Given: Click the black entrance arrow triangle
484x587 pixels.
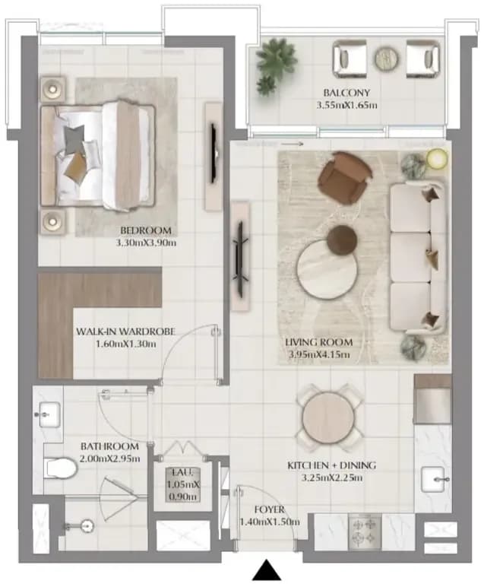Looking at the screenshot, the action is pyautogui.click(x=266, y=570).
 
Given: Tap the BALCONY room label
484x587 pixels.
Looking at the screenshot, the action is pyautogui.click(x=346, y=93).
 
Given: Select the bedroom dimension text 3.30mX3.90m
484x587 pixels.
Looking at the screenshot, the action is pyautogui.click(x=146, y=243).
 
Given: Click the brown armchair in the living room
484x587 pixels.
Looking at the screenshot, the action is pyautogui.click(x=345, y=176).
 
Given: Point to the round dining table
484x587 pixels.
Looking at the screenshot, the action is pyautogui.click(x=328, y=417).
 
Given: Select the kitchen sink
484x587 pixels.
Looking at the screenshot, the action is pyautogui.click(x=433, y=479).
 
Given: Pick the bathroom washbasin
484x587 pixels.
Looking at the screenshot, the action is pyautogui.click(x=49, y=414).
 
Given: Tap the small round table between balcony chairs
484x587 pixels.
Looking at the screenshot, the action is pyautogui.click(x=386, y=59).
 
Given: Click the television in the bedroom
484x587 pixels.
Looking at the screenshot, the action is pyautogui.click(x=214, y=153).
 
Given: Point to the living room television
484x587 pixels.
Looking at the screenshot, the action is pyautogui.click(x=239, y=255).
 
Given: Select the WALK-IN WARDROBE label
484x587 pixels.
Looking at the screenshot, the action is pyautogui.click(x=125, y=332).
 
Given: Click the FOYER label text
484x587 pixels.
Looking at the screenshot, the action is pyautogui.click(x=269, y=509).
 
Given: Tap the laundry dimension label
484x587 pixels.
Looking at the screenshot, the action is pyautogui.click(x=183, y=484).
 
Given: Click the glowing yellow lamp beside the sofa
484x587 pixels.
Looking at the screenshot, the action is pyautogui.click(x=437, y=158).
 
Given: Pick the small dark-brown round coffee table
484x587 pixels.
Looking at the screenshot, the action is pyautogui.click(x=342, y=240).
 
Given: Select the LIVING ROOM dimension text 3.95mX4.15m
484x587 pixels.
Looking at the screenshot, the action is pyautogui.click(x=319, y=354).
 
